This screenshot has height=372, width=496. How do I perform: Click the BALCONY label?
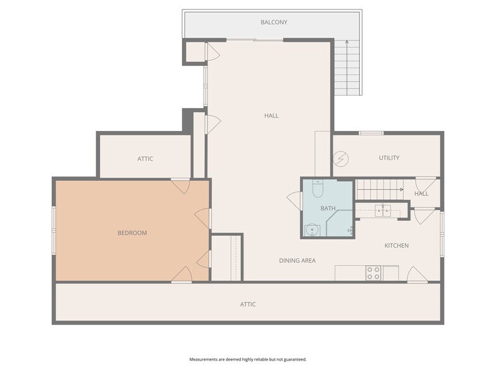[x=274, y=22]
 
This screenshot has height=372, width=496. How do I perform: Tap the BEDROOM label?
[x=132, y=233]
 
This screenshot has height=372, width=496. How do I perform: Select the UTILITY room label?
[x=389, y=158]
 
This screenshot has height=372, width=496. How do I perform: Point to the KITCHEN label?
[x=397, y=245]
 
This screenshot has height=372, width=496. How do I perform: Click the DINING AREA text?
[x=297, y=261]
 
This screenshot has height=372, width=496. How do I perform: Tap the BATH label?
[x=328, y=209]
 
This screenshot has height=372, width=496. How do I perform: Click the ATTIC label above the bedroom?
[x=146, y=159]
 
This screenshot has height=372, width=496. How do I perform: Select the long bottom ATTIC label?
[x=248, y=304]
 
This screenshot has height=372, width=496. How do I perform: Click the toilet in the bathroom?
[x=318, y=189]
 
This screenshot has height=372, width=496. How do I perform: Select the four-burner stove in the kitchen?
[x=373, y=273]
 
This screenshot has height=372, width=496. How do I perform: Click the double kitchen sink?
[x=383, y=211]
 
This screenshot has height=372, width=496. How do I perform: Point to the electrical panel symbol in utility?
[x=340, y=159]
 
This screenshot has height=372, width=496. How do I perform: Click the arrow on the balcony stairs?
[x=347, y=68]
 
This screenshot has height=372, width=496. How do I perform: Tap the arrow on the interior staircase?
[x=380, y=190]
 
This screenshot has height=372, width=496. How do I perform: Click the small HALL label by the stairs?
[x=421, y=194]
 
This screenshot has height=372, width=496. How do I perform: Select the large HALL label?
[x=271, y=116]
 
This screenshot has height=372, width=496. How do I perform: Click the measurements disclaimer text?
[x=248, y=359]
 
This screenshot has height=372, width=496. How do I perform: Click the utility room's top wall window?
[x=371, y=133]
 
